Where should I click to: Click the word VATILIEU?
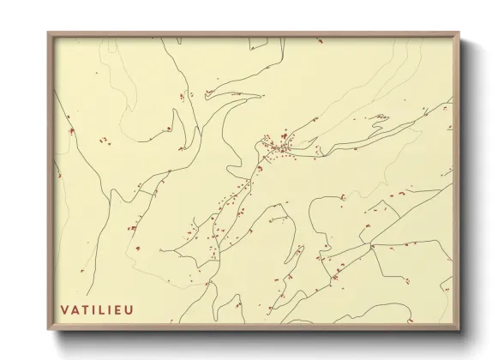click(x=97, y=309)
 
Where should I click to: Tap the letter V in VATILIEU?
click(x=64, y=309)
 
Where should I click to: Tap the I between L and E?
click(x=110, y=309)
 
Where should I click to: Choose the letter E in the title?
click(x=117, y=309)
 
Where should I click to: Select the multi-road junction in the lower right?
click(x=372, y=246)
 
